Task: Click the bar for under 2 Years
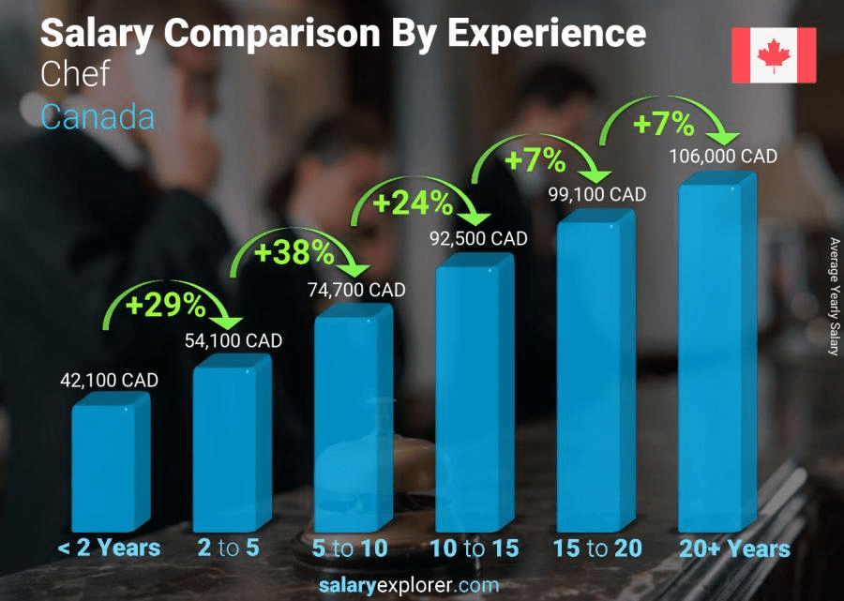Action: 110,464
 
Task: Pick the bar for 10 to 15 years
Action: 474,394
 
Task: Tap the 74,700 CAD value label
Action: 357,291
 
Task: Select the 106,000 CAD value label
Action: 722,157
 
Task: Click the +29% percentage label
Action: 168,304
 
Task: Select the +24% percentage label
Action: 414,202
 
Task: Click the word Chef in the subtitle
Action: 75,75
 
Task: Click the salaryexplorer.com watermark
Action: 422,585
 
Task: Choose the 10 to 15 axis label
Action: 474,548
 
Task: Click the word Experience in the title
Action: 546,34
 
